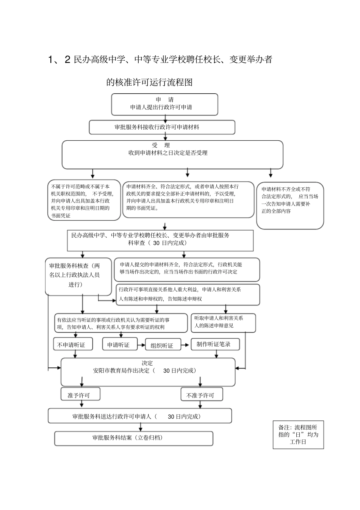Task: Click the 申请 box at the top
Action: (164, 104)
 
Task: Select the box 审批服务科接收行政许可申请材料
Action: (162, 127)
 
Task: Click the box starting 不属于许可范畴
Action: (84, 201)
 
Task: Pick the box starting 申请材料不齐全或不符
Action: (290, 205)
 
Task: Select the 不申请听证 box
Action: (71, 345)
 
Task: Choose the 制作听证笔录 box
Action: (215, 344)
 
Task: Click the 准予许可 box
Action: (80, 395)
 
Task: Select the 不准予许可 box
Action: (201, 395)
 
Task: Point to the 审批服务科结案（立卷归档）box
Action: (133, 438)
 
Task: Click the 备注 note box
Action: (298, 435)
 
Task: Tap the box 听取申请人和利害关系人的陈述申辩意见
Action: (222, 322)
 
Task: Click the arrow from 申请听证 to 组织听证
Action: (141, 345)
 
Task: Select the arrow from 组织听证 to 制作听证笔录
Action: (185, 345)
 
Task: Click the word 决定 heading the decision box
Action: (147, 363)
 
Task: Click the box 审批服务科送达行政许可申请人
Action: (139, 416)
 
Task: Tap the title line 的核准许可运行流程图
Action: (150, 82)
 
